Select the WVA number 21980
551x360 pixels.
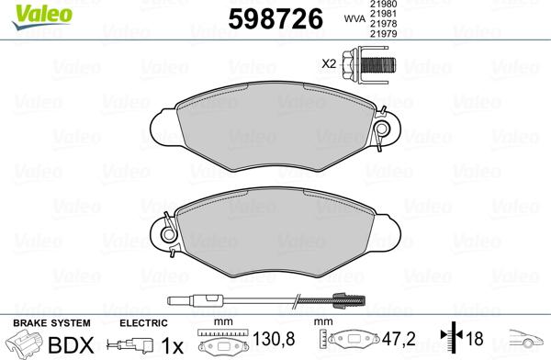(x=383, y=5)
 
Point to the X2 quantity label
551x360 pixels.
(x=330, y=63)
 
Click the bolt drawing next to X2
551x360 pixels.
(x=366, y=64)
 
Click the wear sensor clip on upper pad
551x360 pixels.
(x=380, y=129)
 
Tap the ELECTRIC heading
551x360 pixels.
(x=144, y=322)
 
